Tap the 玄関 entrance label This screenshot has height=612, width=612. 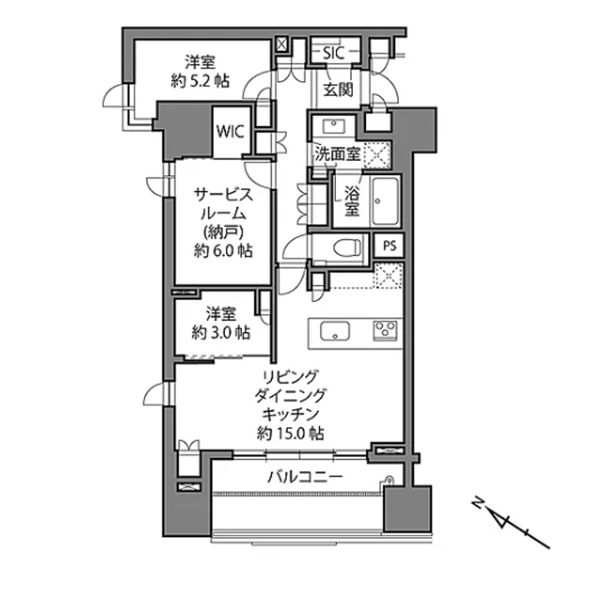click(x=337, y=88)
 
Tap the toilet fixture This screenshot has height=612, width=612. click(x=345, y=248)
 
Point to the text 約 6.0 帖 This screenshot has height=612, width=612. click(x=223, y=250)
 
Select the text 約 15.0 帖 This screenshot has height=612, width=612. click(x=290, y=433)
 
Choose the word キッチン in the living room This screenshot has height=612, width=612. click(x=290, y=414)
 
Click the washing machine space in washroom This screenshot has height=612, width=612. click(x=379, y=153)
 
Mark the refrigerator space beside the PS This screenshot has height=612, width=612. click(x=387, y=274)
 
